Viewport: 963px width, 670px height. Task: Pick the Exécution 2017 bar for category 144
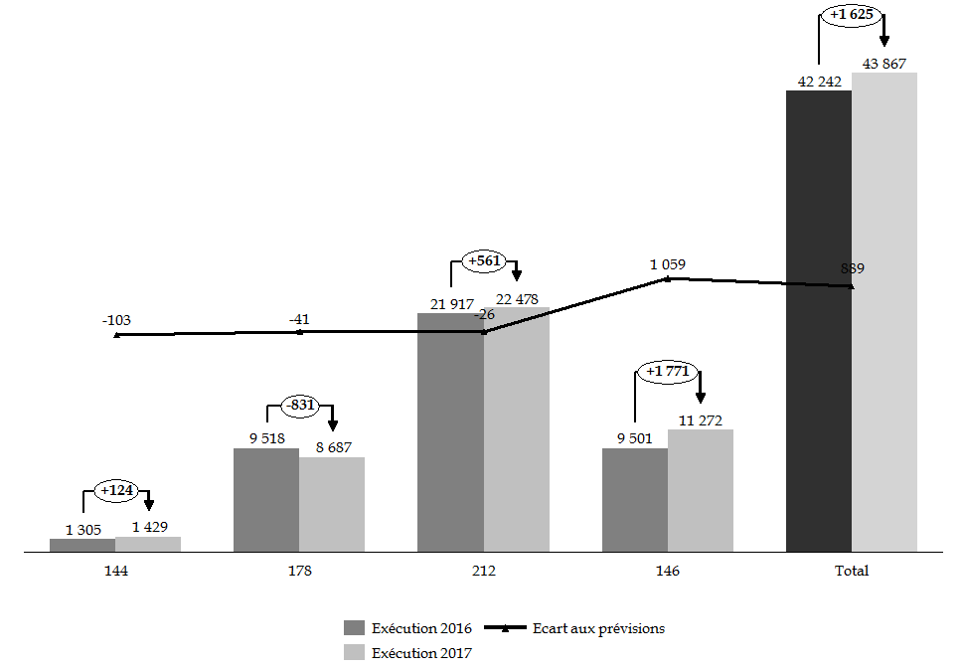coord(148,544)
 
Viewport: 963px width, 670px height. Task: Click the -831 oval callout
coord(300,405)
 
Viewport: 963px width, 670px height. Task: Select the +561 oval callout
coord(484,262)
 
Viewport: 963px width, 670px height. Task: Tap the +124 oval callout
coord(116,490)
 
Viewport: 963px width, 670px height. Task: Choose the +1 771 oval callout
coord(667,372)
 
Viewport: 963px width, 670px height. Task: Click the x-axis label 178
coord(299,571)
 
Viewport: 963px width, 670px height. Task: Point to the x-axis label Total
coord(852,571)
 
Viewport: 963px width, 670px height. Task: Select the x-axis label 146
coord(667,571)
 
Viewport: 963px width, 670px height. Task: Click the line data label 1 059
coord(667,264)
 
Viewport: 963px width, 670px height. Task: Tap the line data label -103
coord(116,320)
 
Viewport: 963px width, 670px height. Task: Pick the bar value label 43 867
coord(884,64)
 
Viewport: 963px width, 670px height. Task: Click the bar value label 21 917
coord(450,304)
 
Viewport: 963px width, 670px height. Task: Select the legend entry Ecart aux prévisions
coord(598,628)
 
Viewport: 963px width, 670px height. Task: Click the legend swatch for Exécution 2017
coord(355,653)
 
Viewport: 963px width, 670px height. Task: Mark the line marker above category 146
coord(667,279)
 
